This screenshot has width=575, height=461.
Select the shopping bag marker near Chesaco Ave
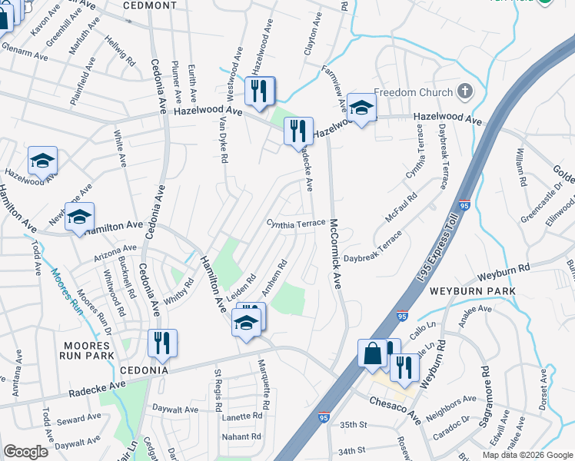point(372,354)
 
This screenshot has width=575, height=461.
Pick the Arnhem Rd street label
point(274,277)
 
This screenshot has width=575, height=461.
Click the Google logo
point(26,452)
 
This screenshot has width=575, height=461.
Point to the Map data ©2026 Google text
point(527,455)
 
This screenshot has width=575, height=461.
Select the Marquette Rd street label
point(263,383)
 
